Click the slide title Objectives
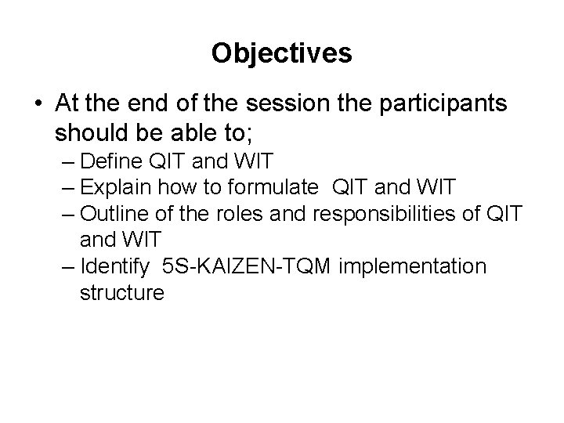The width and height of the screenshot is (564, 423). pos(282,53)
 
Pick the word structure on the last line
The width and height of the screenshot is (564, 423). pos(121,292)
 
